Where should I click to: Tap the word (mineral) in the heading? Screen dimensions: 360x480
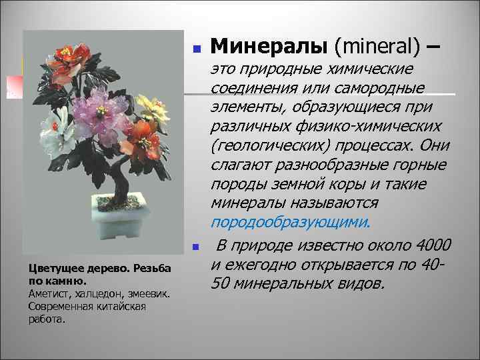(x=376, y=46)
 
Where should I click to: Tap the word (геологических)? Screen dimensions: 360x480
(x=271, y=145)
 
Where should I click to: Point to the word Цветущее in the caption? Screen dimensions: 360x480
(x=53, y=268)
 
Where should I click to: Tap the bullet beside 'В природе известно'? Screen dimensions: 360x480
(x=196, y=247)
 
